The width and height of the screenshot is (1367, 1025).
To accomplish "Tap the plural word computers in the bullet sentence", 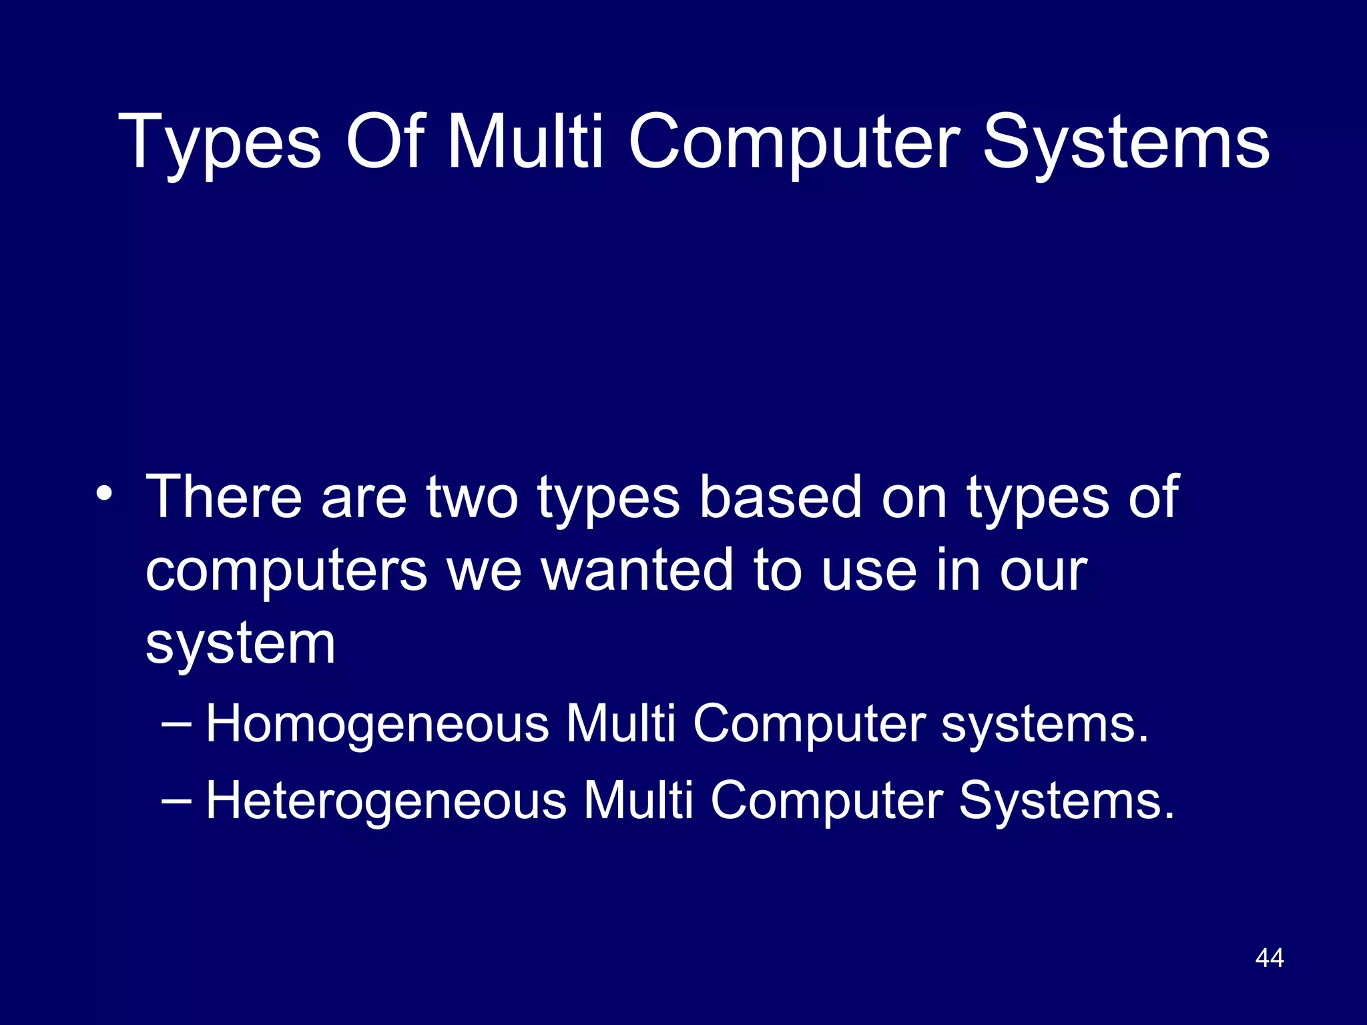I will tap(286, 572).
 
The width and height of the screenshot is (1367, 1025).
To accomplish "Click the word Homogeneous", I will tap(377, 725).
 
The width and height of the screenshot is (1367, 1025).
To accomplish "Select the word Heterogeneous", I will tap(386, 801).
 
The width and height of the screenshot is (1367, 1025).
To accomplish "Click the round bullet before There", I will tap(104, 494).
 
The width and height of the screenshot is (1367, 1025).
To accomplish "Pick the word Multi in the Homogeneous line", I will tap(621, 723).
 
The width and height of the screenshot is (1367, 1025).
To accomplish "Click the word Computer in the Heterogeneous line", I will tap(826, 801).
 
